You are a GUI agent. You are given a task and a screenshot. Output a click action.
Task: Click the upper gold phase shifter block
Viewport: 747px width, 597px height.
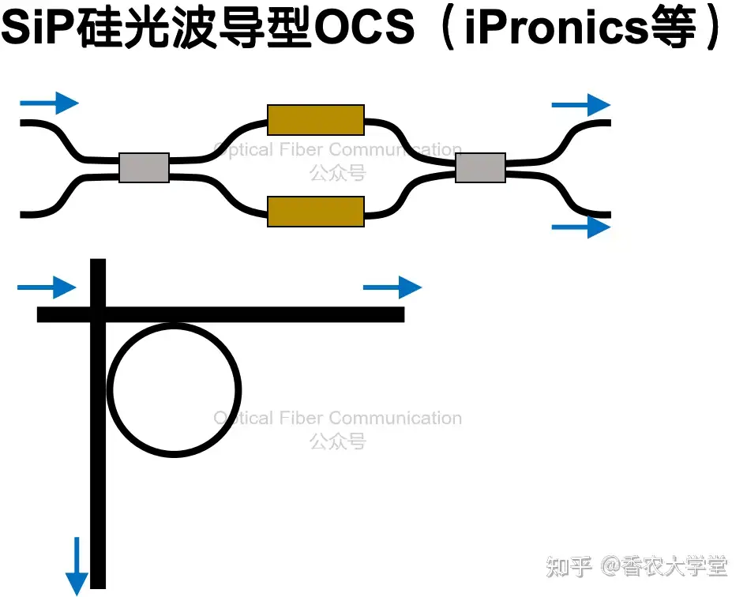pyautogui.click(x=316, y=120)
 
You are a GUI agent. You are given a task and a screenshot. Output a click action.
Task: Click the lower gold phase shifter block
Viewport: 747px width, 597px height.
pyautogui.click(x=316, y=212)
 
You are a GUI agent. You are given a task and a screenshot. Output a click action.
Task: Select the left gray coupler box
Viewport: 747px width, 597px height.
pyautogui.click(x=144, y=167)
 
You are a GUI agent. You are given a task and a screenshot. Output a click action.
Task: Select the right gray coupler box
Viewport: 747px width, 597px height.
pyautogui.click(x=481, y=167)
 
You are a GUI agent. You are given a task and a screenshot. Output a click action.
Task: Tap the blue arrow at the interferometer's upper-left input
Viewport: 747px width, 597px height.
pyautogui.click(x=49, y=103)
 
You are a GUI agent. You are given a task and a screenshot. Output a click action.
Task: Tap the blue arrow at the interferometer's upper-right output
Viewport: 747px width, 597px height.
pyautogui.click(x=581, y=105)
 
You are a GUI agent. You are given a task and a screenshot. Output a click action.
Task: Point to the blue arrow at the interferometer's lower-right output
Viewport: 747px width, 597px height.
pyautogui.click(x=581, y=227)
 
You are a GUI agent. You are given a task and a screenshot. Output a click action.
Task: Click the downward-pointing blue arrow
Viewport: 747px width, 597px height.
pyautogui.click(x=77, y=566)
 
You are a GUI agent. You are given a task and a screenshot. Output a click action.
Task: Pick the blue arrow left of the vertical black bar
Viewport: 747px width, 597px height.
pyautogui.click(x=47, y=287)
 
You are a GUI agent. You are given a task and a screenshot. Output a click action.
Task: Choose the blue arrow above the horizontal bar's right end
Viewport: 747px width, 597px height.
pyautogui.click(x=392, y=287)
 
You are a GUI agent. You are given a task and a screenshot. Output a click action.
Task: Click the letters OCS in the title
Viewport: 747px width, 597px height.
pyautogui.click(x=365, y=27)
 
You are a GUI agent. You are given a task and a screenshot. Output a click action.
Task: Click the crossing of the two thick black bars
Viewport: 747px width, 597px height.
pyautogui.click(x=98, y=314)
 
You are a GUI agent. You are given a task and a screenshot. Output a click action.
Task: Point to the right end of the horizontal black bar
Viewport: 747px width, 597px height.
pyautogui.click(x=404, y=314)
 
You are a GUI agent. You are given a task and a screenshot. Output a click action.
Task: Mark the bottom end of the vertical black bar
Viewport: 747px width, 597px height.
pyautogui.click(x=98, y=588)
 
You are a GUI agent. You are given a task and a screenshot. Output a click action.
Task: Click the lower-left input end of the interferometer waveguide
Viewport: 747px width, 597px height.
pyautogui.click(x=21, y=215)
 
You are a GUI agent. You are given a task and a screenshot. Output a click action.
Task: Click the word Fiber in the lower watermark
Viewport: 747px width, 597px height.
pyautogui.click(x=306, y=418)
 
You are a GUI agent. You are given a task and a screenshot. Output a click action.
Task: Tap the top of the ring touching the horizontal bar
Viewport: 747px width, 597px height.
pyautogui.click(x=174, y=325)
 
